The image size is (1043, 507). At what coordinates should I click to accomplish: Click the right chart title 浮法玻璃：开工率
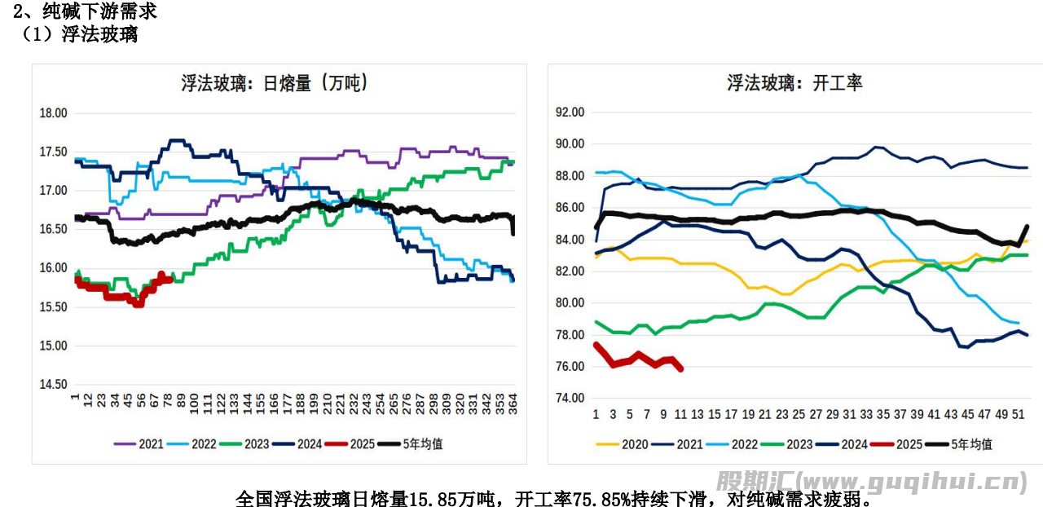pos(794,82)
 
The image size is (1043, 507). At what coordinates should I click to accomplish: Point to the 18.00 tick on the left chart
pos(54,113)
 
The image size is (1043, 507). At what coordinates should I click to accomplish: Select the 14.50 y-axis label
pos(54,384)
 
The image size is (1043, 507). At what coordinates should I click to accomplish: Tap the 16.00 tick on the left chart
pos(54,268)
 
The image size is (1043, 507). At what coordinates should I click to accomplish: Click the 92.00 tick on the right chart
pos(570,112)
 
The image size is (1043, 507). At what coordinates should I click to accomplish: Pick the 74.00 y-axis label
pos(570,399)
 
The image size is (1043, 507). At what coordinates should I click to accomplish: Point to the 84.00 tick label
pos(570,240)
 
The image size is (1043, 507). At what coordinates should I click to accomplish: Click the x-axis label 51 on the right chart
pos(1018,415)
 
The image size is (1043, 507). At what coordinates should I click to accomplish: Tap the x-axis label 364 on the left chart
pos(513,404)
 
